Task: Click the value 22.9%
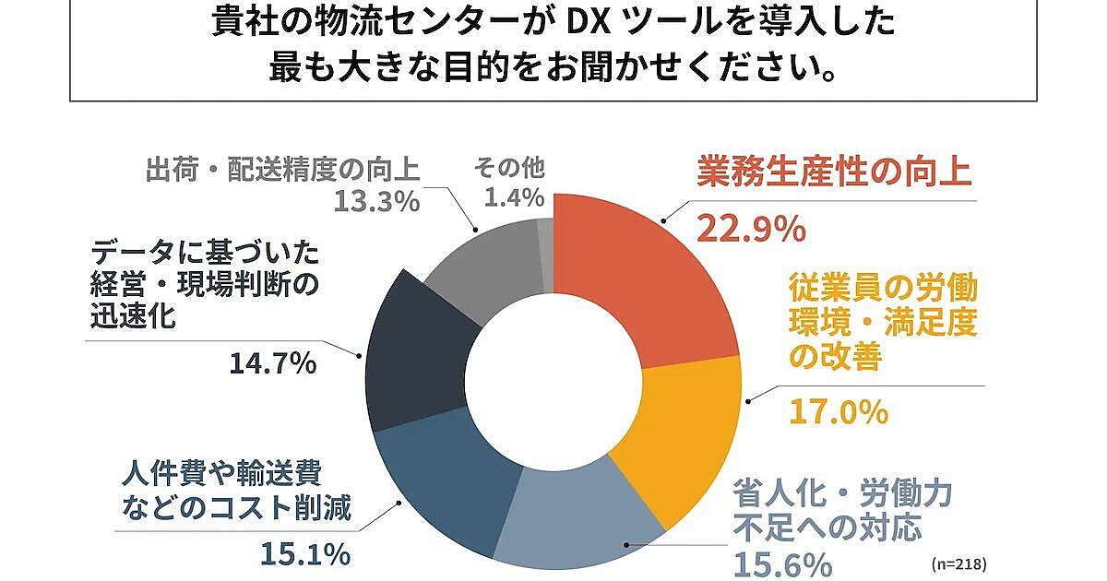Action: (x=751, y=227)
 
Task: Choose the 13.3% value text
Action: (x=375, y=200)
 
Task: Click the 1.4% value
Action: (x=508, y=198)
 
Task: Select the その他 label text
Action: (x=509, y=169)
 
